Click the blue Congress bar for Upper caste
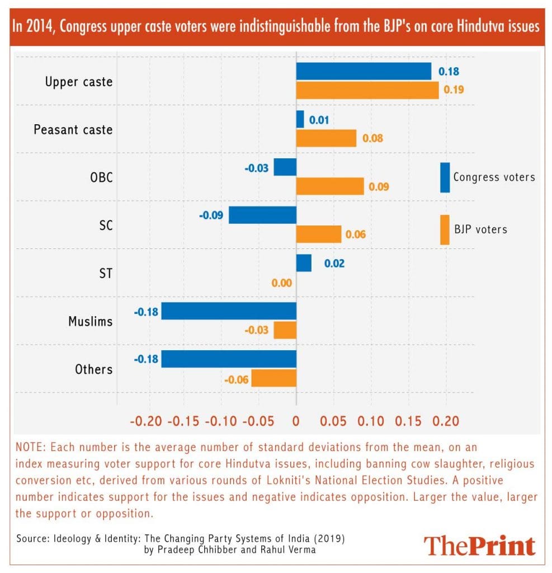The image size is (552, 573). coord(364,72)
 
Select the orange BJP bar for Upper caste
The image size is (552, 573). coord(367,90)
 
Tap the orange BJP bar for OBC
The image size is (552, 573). coord(330,186)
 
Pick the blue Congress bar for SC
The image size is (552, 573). coord(262,215)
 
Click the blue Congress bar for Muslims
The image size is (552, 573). coord(229,311)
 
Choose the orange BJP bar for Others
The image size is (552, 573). coord(273,378)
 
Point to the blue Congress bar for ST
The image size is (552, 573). coord(304,263)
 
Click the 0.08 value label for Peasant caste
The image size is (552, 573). coord(372,138)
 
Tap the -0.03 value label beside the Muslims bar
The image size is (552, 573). coord(256,331)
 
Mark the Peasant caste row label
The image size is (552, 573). coord(73,130)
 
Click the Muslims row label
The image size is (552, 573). coord(90,321)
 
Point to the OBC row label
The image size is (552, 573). coord(101,178)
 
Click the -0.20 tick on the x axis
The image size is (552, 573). coord(147,421)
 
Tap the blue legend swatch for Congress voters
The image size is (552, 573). coord(445,177)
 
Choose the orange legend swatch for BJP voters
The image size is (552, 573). coord(445,229)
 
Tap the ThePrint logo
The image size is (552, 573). coord(479,546)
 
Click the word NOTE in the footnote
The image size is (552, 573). coord(32,448)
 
